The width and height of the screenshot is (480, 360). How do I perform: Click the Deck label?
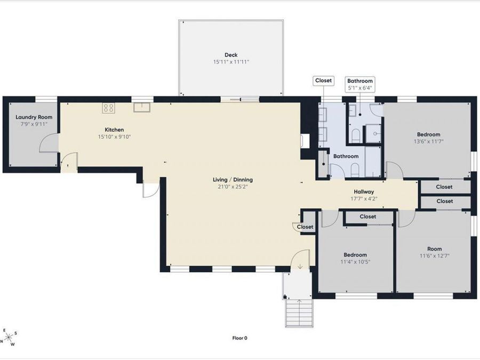[x=231, y=55]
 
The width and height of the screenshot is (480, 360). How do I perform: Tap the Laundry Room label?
[x=34, y=117]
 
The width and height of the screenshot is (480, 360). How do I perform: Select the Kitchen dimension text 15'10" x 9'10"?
[x=115, y=137]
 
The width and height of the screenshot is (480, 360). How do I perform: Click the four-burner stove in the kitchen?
[x=109, y=107]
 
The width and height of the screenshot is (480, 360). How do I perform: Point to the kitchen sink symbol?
[x=142, y=107]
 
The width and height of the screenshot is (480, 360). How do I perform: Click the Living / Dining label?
[x=233, y=180]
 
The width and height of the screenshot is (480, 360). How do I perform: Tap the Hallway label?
[x=364, y=191]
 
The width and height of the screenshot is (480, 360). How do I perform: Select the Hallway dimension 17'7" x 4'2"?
[x=364, y=199]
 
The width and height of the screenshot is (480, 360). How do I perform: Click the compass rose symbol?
[x=9, y=337]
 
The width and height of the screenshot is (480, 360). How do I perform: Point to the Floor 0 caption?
[x=239, y=338]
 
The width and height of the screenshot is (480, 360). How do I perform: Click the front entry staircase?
[x=299, y=313]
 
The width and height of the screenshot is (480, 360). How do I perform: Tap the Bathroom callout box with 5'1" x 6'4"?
[x=360, y=84]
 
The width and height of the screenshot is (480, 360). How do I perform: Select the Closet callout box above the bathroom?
[x=323, y=81]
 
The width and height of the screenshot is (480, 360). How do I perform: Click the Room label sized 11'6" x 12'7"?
[x=434, y=249]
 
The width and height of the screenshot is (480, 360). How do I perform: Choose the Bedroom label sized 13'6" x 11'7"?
[x=429, y=134]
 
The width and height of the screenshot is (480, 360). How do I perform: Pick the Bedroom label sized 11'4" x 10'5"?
[x=355, y=255]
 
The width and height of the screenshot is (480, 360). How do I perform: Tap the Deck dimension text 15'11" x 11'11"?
[x=231, y=62]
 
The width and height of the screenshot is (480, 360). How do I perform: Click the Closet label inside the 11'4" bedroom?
[x=368, y=217]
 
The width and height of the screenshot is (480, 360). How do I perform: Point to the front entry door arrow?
[x=300, y=267]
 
